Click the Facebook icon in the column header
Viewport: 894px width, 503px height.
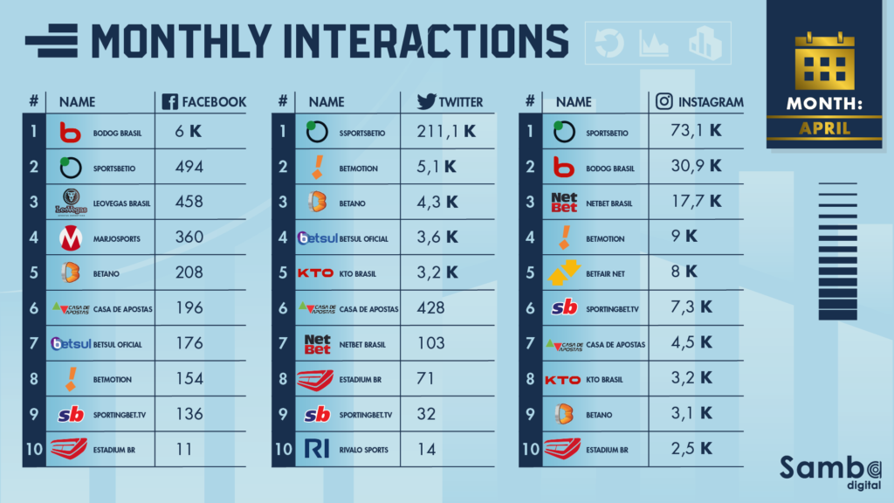point(170,101)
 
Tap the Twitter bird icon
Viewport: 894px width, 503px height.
point(426,101)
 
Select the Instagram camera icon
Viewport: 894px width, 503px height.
point(664,101)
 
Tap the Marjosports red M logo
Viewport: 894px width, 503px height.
point(70,237)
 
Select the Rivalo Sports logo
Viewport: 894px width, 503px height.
point(316,449)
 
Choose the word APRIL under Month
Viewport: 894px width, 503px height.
point(824,129)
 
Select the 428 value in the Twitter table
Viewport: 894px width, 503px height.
point(431,307)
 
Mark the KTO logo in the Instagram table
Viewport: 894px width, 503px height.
point(562,379)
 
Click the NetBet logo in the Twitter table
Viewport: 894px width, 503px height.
point(318,343)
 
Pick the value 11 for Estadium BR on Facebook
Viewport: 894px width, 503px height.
point(183,449)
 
